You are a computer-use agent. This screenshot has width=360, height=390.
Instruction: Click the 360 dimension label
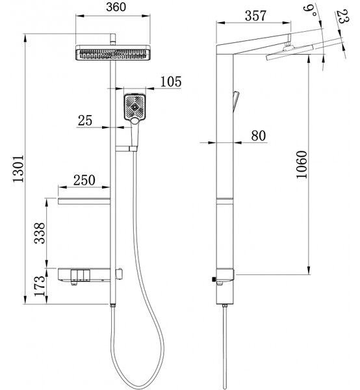click(116, 7)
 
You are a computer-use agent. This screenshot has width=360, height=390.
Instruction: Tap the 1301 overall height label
click(19, 168)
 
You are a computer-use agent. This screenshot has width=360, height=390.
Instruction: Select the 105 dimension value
click(171, 82)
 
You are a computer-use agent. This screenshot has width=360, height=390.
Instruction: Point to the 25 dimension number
click(84, 120)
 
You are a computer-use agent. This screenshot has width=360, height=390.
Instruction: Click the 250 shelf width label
click(84, 180)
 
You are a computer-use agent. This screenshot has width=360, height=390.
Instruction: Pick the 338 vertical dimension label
click(40, 233)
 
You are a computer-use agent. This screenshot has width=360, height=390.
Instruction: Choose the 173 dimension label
click(40, 286)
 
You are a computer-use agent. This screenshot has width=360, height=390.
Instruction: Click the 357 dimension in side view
click(255, 16)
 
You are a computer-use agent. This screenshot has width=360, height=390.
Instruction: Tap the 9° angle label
click(310, 10)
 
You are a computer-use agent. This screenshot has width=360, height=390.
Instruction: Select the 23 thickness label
click(342, 16)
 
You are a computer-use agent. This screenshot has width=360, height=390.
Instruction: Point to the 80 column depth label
click(259, 136)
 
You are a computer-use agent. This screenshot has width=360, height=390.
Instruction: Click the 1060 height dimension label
click(302, 164)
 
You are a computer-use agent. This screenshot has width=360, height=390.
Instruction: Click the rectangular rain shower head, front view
click(113, 53)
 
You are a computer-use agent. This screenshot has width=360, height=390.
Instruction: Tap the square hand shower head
click(135, 107)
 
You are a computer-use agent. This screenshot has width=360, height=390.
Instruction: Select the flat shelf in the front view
click(84, 201)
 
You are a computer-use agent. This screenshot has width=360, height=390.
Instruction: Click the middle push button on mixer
click(81, 274)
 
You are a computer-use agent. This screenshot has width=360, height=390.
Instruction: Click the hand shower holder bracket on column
click(126, 149)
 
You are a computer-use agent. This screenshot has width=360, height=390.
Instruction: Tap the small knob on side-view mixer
click(214, 279)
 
